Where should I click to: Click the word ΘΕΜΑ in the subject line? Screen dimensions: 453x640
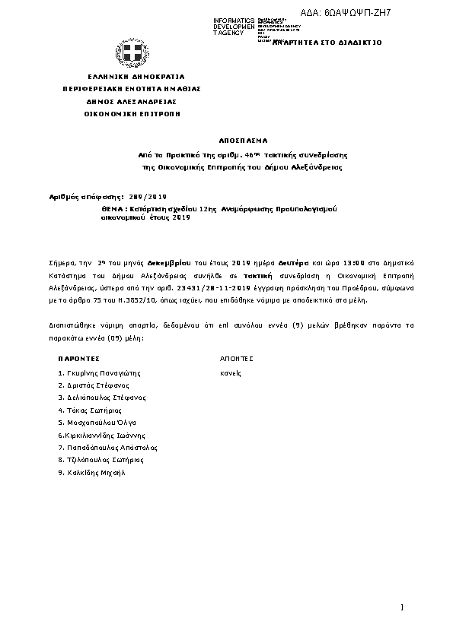click(x=110, y=208)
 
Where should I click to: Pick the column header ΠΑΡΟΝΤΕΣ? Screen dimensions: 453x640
click(x=79, y=357)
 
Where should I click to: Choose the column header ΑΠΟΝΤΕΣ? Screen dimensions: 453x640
click(x=237, y=357)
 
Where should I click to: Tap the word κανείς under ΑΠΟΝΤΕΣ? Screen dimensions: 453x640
click(x=231, y=373)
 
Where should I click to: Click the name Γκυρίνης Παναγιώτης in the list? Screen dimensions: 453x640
click(x=99, y=373)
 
